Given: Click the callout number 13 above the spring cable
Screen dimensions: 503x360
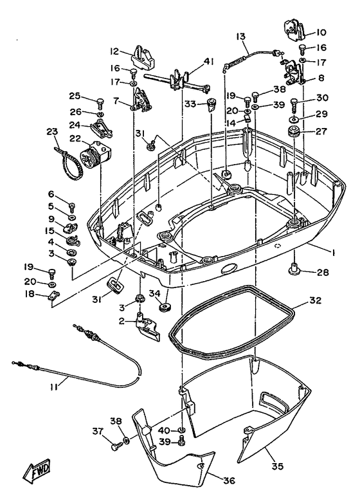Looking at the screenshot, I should [240, 37].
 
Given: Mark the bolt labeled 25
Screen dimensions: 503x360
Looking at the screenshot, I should [100, 101].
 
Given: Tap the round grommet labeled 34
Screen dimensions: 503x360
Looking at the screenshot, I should [165, 304].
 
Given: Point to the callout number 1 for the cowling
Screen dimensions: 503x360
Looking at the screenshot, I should [330, 247].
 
